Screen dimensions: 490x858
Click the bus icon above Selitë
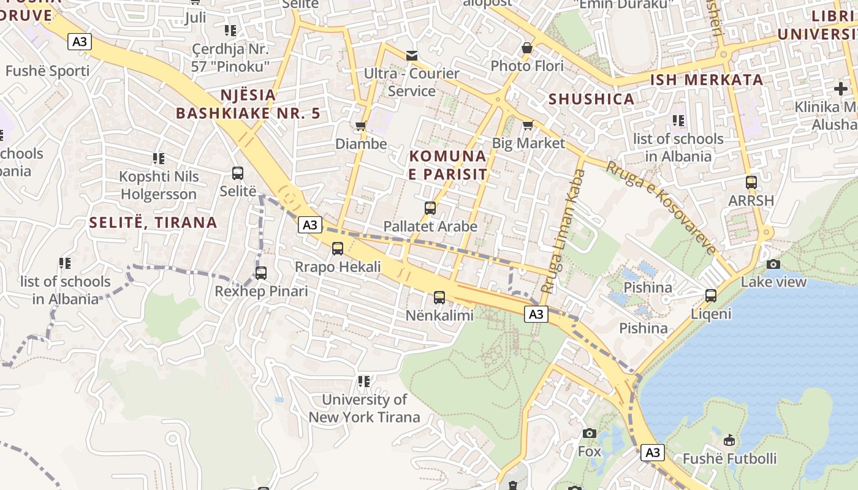point(238,173)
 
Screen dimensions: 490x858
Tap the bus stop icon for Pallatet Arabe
point(430,208)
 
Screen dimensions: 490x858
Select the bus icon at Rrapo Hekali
point(338,249)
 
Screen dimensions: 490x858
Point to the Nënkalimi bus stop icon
point(439,298)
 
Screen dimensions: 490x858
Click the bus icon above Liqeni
point(711,296)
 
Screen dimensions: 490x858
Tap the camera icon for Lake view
point(773,264)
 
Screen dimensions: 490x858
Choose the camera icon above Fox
point(590,433)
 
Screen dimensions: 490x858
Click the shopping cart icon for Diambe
point(361,126)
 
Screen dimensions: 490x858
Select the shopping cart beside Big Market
point(528,126)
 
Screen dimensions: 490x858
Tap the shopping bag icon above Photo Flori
point(527,48)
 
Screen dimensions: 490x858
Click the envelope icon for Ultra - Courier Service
point(412,56)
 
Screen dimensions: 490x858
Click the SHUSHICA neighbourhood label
point(591,99)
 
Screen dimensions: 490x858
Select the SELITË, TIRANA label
point(153,222)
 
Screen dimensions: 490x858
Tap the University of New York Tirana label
point(364,409)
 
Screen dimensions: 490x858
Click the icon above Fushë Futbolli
point(729,440)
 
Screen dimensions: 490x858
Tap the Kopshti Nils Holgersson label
point(159,186)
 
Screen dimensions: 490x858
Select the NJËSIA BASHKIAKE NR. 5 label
point(248,104)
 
